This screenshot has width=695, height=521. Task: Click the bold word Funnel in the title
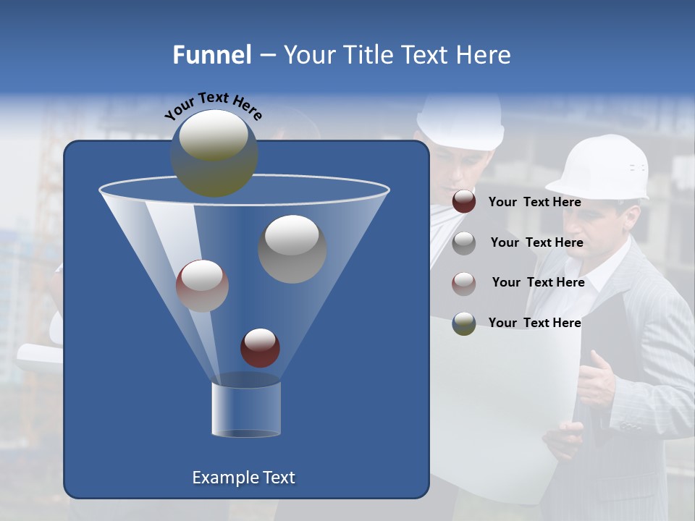pos(212,55)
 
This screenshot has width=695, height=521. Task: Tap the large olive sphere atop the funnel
pos(214,153)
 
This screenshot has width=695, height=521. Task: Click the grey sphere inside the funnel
pos(292,249)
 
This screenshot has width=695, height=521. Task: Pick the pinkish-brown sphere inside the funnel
pos(202,285)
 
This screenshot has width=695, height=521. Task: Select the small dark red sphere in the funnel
pos(260,347)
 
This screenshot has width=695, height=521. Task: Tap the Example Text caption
pos(244,478)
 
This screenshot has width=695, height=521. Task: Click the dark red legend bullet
pos(464,202)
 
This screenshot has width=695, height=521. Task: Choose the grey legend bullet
pos(464,242)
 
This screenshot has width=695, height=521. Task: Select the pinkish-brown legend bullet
pos(464,283)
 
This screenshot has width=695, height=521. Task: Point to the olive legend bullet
pos(464,323)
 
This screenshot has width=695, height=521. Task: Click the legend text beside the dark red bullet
pos(534,202)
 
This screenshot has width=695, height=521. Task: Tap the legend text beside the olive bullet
pos(534,323)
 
